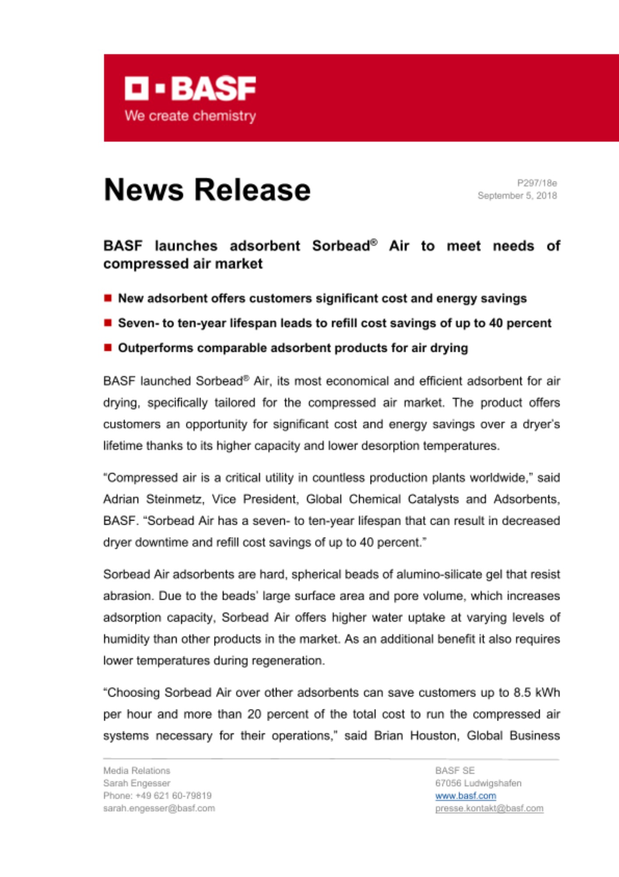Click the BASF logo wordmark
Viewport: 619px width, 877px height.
190,89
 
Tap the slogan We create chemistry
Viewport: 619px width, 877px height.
190,116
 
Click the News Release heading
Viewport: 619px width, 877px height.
207,190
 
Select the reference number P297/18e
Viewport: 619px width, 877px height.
537,183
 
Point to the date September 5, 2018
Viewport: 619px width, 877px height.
517,196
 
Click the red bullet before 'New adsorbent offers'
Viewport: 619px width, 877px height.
108,298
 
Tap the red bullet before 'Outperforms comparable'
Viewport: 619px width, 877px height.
108,348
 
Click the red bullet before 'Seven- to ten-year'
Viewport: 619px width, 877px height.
108,323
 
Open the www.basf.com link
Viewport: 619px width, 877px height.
465,796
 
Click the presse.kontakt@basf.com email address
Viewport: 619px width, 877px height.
489,808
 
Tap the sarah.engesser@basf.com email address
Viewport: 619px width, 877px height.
159,808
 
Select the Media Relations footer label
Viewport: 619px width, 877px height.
137,771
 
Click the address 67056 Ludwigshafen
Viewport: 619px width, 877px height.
478,783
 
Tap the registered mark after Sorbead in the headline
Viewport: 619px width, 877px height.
374,242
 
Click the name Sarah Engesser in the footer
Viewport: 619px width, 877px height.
137,783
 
